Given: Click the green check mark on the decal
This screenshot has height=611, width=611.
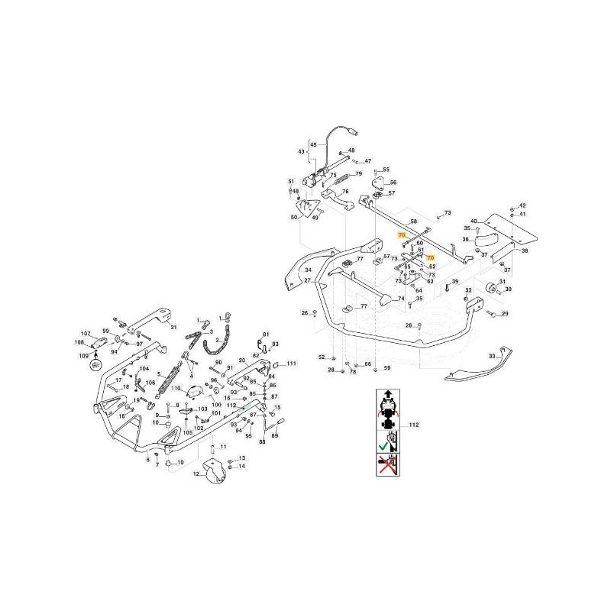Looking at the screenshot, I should pyautogui.click(x=382, y=440).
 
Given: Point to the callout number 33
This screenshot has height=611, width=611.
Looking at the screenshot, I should pyautogui.click(x=502, y=356).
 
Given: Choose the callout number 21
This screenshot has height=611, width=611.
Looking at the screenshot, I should pyautogui.click(x=174, y=328).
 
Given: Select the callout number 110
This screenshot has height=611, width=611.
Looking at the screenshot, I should pyautogui.click(x=175, y=390).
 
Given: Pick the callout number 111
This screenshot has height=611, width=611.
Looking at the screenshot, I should pyautogui.click(x=290, y=365).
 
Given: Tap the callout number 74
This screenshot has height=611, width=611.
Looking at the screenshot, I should pyautogui.click(x=400, y=299).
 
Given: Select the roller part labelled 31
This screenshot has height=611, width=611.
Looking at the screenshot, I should pyautogui.click(x=486, y=288).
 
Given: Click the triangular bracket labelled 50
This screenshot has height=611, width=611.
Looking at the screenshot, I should pyautogui.click(x=308, y=208).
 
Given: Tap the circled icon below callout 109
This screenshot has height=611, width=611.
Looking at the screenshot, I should pyautogui.click(x=95, y=365).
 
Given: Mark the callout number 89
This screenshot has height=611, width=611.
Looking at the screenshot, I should pyautogui.click(x=276, y=436).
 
